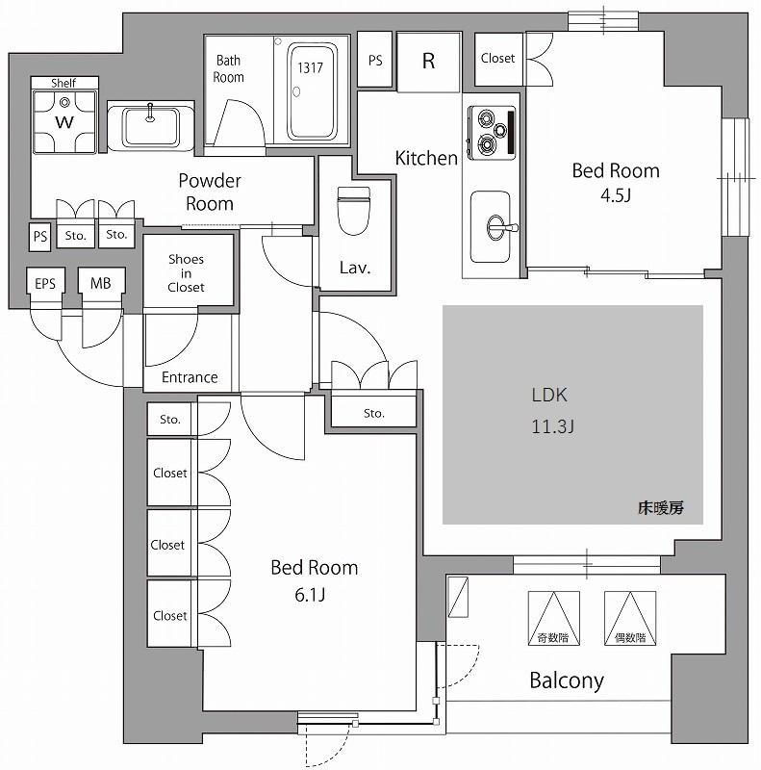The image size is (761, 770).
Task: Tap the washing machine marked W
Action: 65,120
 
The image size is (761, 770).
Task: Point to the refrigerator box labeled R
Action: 428,61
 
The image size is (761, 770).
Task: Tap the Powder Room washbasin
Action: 150,125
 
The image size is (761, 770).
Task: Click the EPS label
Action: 45,283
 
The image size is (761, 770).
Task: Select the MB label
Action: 100,283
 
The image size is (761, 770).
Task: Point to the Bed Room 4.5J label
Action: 616,183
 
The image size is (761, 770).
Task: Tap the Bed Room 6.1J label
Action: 314,580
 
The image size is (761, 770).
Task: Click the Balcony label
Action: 567,681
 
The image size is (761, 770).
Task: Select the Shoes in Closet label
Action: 186,273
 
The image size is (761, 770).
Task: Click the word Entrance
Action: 190,377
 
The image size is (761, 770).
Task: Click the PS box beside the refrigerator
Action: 375,60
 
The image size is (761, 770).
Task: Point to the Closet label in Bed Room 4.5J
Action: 497,58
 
